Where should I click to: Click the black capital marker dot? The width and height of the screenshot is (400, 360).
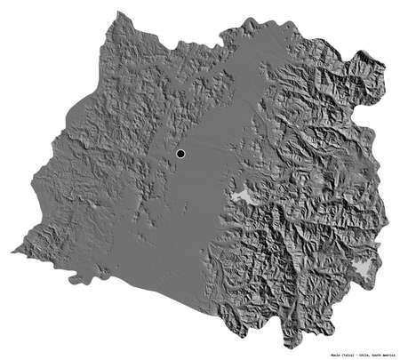180,155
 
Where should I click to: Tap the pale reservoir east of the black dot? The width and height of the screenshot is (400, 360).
240,196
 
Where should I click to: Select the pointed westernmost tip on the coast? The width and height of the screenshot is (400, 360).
13,252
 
